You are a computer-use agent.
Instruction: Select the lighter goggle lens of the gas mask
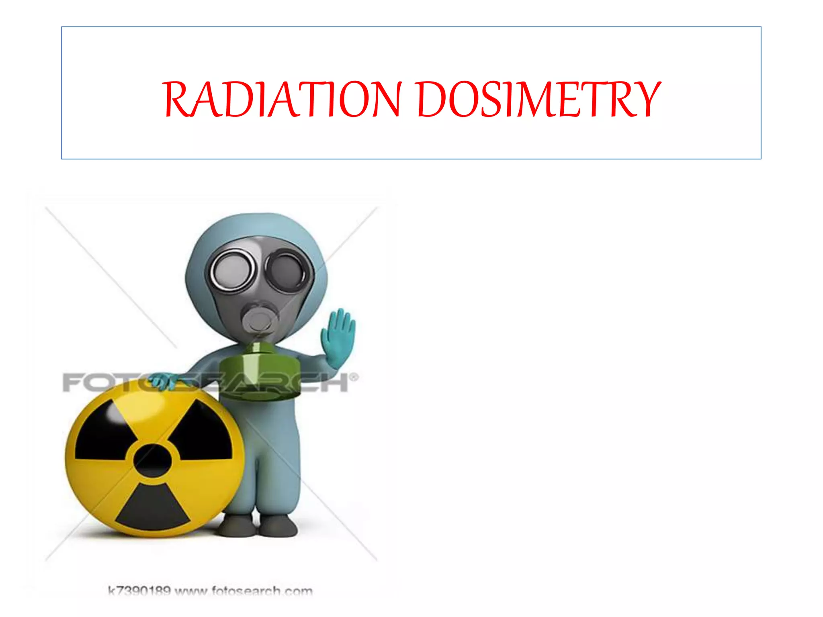coord(232,269)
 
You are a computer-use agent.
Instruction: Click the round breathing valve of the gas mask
coord(259,317)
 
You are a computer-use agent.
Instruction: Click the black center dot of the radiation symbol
coord(152,460)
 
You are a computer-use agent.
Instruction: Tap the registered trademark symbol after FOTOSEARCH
coord(354,377)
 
